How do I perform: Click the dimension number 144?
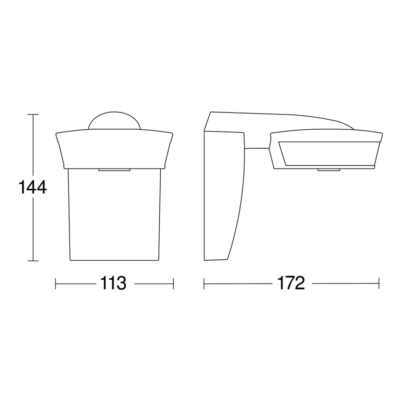click(32, 187)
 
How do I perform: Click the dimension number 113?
click(113, 283)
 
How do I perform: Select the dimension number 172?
click(291, 283)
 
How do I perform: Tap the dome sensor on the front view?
click(114, 120)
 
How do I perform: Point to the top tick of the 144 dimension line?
click(33, 114)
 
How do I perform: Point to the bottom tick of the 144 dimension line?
click(33, 261)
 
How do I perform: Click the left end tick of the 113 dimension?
click(56, 283)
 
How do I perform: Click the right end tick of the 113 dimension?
click(174, 283)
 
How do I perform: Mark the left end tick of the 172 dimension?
click(204, 283)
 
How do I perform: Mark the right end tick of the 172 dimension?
click(379, 283)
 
